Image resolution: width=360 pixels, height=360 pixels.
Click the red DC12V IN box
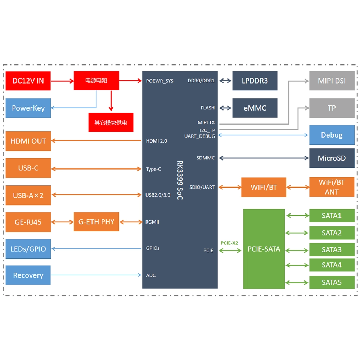pos(28,81)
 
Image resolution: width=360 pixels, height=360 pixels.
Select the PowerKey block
pos(28,108)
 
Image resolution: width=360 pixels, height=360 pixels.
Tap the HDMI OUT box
pos(28,141)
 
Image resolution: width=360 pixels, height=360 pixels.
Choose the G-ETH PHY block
pos(96,222)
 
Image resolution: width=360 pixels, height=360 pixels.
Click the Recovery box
pos(28,275)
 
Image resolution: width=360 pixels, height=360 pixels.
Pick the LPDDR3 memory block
pos(255,81)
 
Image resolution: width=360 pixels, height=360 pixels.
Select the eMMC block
pos(255,108)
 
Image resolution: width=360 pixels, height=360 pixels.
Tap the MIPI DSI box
pos(332,81)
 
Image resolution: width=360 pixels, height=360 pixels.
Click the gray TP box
pos(332,108)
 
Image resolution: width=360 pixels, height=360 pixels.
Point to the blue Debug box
pos(332,135)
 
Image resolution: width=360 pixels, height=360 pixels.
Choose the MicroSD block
pos(332,158)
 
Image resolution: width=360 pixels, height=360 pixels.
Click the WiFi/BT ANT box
pos(332,187)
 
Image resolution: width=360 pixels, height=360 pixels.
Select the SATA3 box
pos(332,249)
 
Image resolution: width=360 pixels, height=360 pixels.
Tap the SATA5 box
pos(332,282)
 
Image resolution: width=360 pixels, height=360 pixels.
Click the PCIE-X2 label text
pos(229,243)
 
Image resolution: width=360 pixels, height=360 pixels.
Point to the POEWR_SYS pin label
pos(159,81)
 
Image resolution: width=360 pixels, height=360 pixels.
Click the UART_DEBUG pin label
pos(199,136)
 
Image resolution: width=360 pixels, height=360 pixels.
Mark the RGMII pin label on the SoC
pos(152,222)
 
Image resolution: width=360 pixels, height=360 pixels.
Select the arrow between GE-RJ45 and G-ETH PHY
pos(62,222)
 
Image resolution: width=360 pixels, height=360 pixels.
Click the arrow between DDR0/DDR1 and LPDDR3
pos(225,81)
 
